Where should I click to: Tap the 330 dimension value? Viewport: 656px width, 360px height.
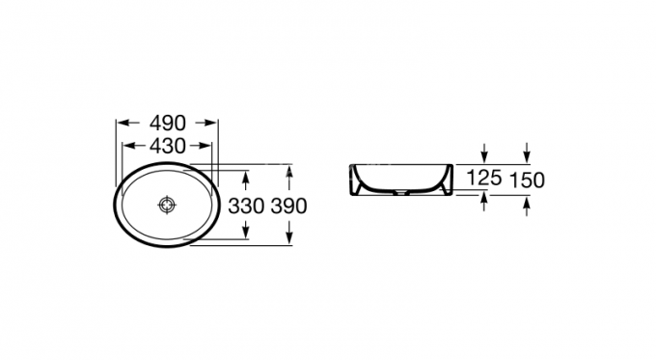click(247, 206)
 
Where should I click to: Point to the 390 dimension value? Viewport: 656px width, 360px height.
click(288, 206)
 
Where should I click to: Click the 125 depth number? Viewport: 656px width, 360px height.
click(484, 179)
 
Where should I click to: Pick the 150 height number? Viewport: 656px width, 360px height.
click(527, 179)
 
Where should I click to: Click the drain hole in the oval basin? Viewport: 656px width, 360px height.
click(167, 205)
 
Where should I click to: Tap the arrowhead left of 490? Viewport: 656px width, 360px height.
click(122, 123)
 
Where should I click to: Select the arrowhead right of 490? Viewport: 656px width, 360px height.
click(212, 123)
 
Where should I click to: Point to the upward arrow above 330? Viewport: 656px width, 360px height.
click(247, 179)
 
